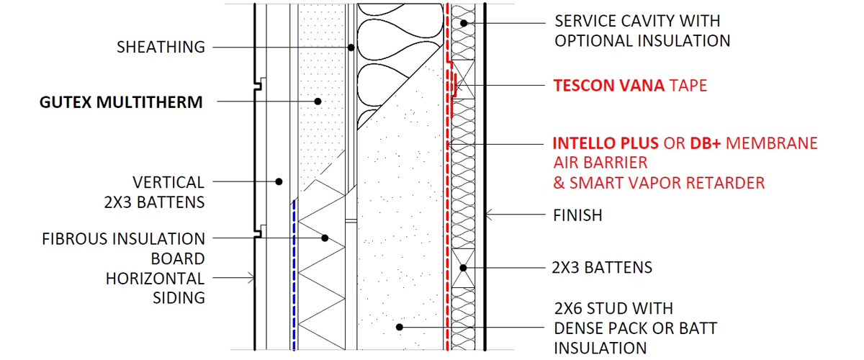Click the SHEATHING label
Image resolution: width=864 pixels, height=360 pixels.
161,48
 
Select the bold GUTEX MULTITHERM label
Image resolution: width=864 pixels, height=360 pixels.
121,102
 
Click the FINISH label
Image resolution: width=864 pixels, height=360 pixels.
577,215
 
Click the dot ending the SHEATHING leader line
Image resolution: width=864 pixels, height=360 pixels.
351,48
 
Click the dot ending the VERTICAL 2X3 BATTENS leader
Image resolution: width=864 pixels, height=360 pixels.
280,181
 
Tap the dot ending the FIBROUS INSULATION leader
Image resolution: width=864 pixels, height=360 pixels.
325,238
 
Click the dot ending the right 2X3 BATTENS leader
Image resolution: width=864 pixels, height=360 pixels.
465,268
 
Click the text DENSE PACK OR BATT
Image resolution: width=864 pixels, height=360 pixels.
635,328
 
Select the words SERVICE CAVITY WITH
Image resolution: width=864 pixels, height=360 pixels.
636,21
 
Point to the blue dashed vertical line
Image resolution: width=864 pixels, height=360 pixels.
294,274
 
